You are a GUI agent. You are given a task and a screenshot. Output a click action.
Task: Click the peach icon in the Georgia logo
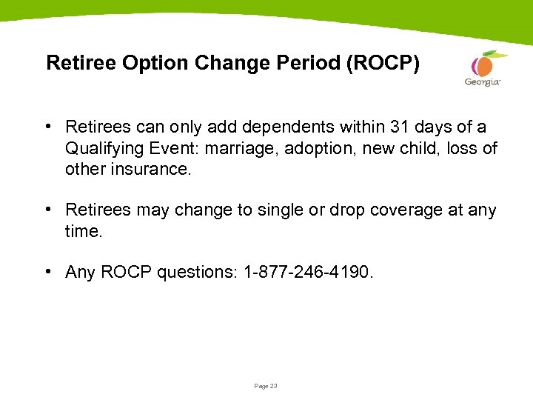tap(483, 65)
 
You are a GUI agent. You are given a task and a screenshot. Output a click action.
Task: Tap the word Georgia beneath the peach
tap(483, 82)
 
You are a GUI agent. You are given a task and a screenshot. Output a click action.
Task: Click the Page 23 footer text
tap(266, 386)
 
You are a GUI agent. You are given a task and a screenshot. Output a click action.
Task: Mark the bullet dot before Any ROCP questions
tap(47, 272)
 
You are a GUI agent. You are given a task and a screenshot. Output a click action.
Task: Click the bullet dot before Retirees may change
tap(47, 210)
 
